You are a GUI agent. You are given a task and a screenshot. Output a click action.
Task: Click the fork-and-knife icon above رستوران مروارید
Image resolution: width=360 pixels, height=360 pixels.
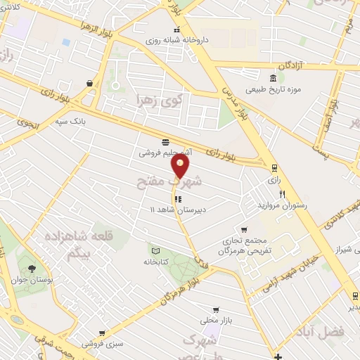coord(282,194)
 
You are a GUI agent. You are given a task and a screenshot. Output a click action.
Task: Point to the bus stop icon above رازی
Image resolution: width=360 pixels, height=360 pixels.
coord(274,168)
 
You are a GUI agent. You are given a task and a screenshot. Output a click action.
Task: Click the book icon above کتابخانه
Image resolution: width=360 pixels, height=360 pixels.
coord(156,250)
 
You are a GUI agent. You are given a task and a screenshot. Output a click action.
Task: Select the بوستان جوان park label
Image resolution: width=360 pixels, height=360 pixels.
coord(30,279)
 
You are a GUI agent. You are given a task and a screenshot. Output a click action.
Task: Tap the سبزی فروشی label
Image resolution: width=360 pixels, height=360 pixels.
coord(100,344)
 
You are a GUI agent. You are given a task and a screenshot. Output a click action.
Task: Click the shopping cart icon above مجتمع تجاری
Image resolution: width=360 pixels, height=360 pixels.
coord(243,229)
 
